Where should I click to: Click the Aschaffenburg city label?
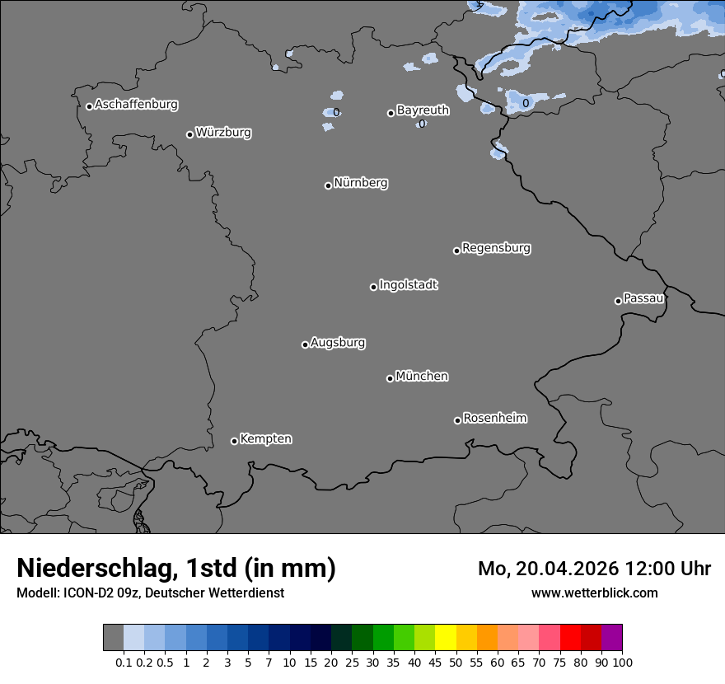point(136,105)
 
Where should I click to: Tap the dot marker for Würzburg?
point(189,134)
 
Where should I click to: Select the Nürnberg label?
point(360,183)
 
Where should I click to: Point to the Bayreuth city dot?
point(391,113)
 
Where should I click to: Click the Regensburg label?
point(496,247)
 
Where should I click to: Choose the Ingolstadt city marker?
point(373,287)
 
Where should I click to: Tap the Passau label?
point(643,298)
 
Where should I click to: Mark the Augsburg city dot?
point(305,344)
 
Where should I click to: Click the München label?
point(422,376)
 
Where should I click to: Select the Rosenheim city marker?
point(457,420)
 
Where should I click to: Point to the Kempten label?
point(265,438)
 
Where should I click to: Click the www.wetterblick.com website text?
point(594,593)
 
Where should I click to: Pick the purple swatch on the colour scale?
point(611,638)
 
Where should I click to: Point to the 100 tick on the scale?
point(622,662)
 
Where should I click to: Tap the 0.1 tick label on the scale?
point(124,662)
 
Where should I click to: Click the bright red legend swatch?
point(570,638)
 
